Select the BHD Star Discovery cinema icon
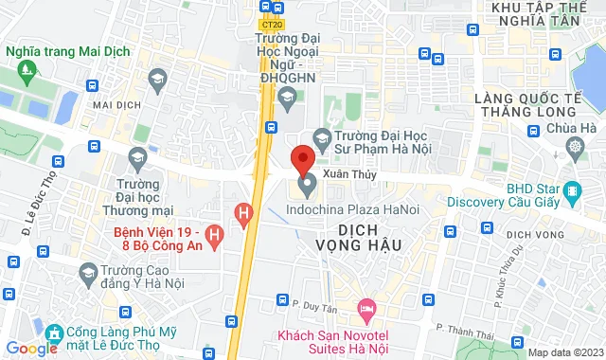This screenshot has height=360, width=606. click(571, 193)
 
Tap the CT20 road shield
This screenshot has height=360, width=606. click(272, 26)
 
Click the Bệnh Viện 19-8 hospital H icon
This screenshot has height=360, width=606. click(216, 232)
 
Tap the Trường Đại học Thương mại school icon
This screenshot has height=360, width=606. click(138, 157)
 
